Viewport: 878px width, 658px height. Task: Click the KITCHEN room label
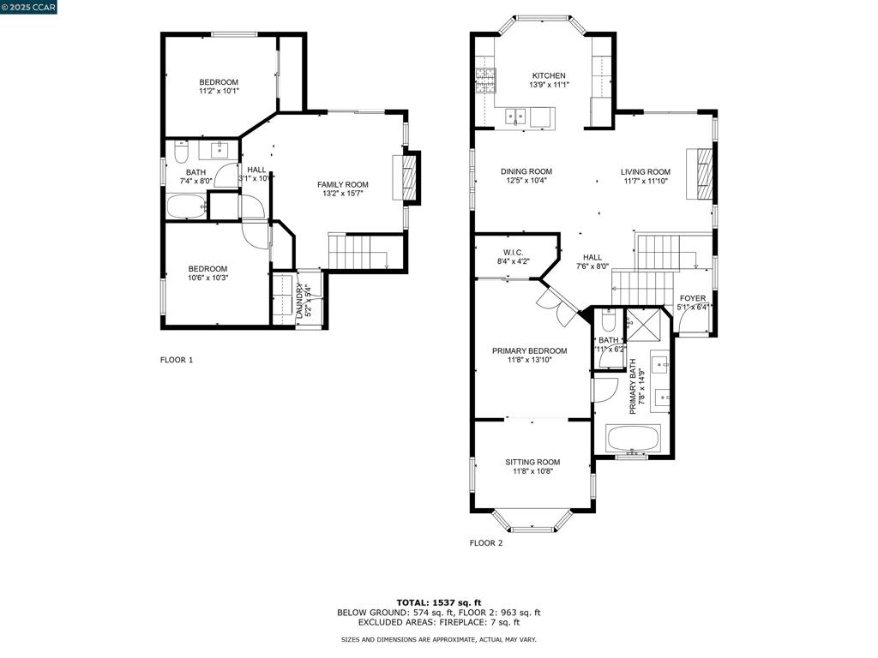(549, 75)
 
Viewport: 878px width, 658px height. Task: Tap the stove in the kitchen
(485, 81)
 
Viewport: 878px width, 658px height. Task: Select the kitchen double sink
(516, 116)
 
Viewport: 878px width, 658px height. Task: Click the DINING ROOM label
(526, 171)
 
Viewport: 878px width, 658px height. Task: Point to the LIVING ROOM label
(646, 172)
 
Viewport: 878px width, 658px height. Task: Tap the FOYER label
(693, 299)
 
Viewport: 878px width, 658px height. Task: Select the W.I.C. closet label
(502, 252)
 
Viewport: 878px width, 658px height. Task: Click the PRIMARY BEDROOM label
(529, 350)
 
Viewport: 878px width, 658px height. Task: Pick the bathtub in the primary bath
(634, 439)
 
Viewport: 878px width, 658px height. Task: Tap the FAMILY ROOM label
(342, 184)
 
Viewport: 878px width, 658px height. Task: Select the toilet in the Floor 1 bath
(181, 153)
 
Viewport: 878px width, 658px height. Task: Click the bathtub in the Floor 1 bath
(186, 206)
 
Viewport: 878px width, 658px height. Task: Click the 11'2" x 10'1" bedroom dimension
(219, 91)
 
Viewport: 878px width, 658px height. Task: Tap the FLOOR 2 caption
(486, 543)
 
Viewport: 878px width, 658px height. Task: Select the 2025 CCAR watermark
(29, 8)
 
